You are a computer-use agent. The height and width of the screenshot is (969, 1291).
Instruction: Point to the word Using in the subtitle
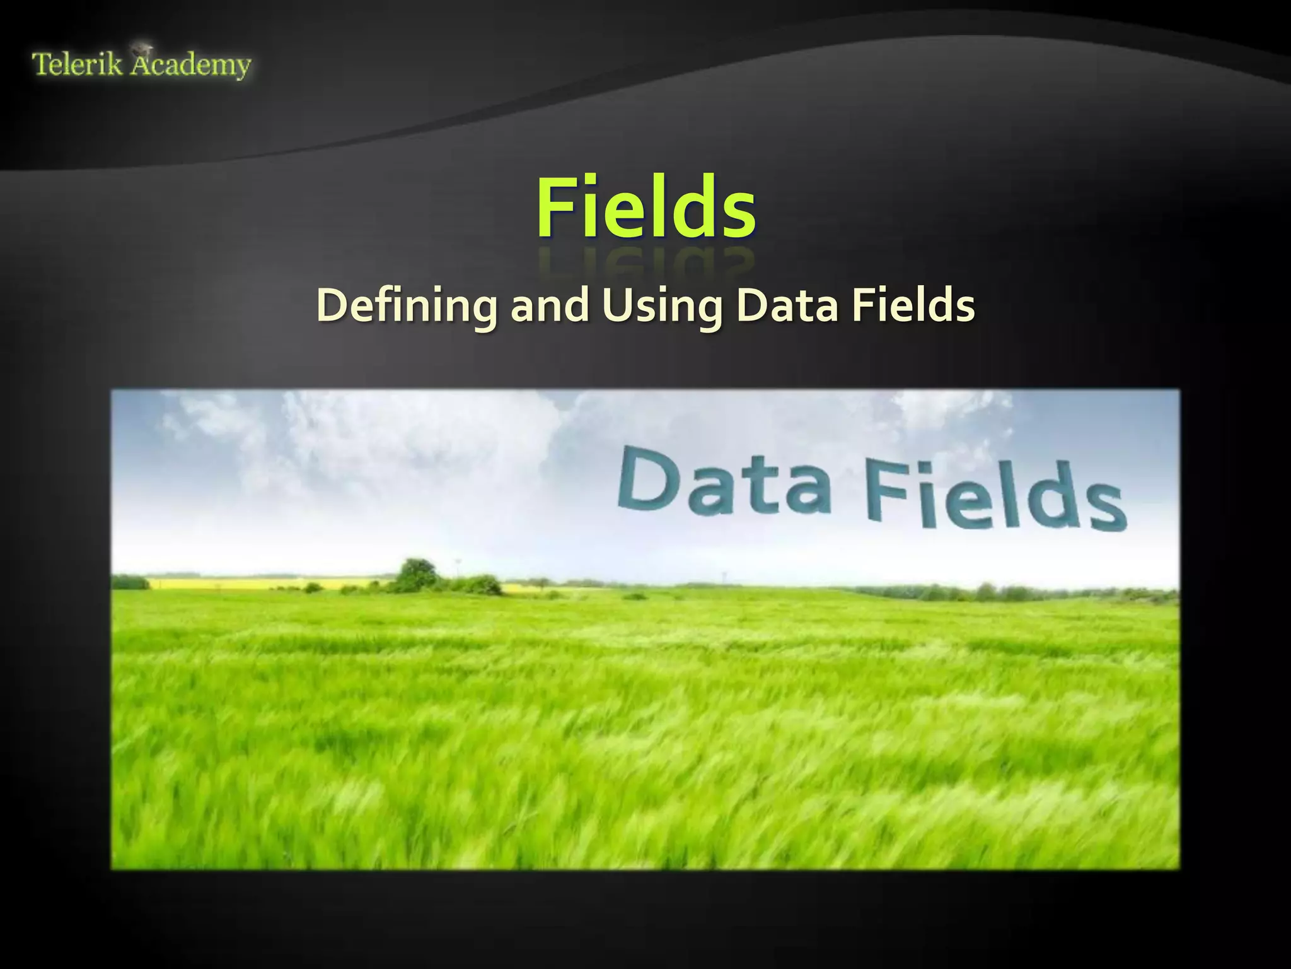click(662, 307)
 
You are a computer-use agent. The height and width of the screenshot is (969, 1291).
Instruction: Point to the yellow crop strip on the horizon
click(252, 584)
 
